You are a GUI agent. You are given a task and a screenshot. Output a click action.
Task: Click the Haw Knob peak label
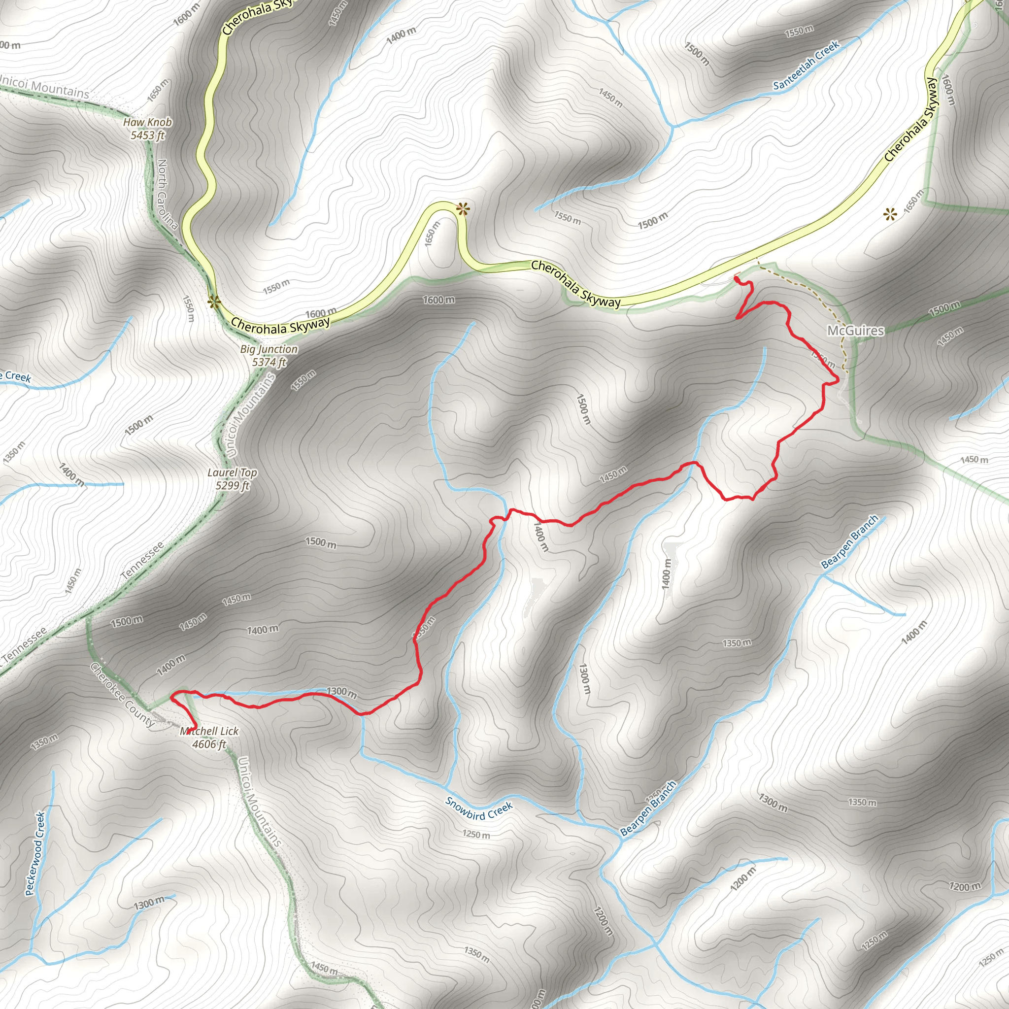(147, 129)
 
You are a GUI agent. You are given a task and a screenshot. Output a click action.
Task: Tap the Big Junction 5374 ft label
(269, 355)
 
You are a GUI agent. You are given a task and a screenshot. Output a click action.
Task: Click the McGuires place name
(855, 331)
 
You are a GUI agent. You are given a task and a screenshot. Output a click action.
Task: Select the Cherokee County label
(122, 695)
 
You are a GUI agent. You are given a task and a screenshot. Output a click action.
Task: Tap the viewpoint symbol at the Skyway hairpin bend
(462, 209)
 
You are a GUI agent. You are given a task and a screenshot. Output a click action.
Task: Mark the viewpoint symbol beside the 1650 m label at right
(890, 214)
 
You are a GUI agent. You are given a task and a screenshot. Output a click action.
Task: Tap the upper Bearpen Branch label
(850, 542)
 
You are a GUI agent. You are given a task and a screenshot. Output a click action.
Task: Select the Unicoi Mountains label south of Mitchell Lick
(260, 802)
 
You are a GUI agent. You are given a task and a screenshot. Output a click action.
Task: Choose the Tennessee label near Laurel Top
(142, 560)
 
